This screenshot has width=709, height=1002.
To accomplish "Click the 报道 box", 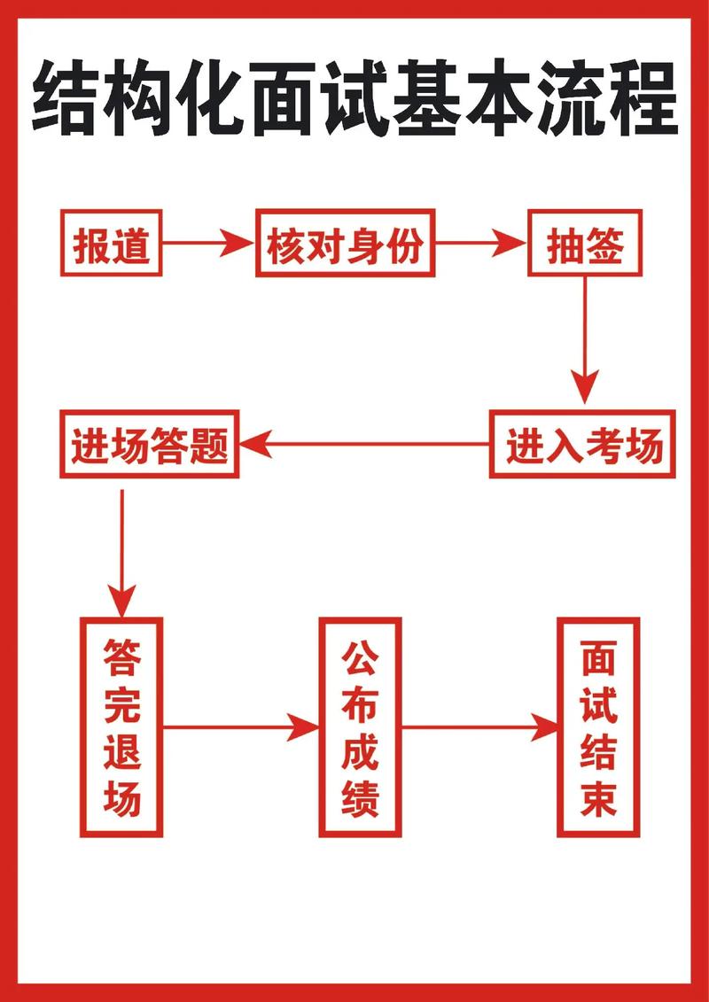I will tap(111, 243).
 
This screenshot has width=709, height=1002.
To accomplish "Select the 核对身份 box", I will tap(346, 243).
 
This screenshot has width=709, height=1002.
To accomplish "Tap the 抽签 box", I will tap(585, 243).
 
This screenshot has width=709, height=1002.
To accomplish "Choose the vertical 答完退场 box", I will tap(122, 726).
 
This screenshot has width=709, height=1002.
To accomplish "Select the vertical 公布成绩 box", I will tap(360, 726).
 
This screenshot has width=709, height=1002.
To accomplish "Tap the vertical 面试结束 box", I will tap(598, 726).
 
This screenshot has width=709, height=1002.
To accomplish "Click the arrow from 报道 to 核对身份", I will tap(209, 243).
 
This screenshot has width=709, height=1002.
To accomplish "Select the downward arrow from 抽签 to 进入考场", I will tap(585, 341).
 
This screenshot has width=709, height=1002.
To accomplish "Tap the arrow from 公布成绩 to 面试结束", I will tap(479, 728).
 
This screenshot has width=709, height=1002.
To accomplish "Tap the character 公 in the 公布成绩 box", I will tap(360, 657).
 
